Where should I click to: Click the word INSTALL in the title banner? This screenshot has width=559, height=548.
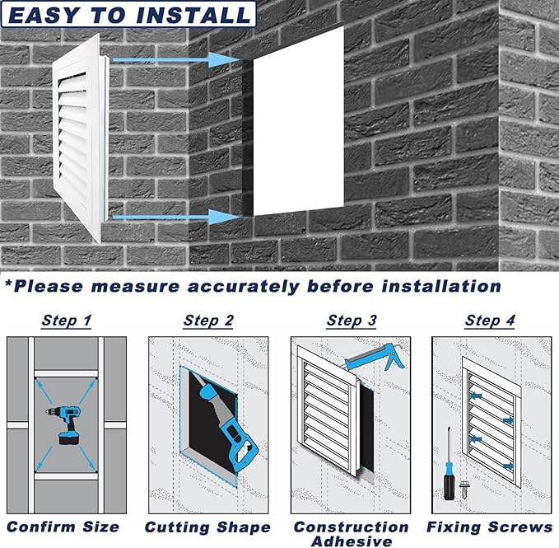point(194,16)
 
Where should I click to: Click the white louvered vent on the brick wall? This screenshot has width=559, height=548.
point(81,138)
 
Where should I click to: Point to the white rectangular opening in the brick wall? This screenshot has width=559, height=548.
point(299,121)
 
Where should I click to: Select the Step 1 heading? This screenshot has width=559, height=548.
point(67,321)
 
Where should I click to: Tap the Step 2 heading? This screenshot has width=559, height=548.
point(208,321)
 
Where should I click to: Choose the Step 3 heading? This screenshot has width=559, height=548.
point(352,321)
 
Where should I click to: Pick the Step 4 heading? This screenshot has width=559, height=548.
point(490,321)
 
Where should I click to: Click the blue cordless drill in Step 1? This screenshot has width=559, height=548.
point(67,424)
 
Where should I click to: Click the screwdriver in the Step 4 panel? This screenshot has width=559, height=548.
point(449,464)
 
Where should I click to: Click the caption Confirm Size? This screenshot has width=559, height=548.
point(63,527)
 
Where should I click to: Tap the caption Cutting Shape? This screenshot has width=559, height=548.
point(207,527)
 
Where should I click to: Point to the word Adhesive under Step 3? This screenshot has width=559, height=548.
point(352,541)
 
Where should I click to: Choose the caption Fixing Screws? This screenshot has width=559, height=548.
point(490,527)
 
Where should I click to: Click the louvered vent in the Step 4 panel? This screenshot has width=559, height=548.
point(492,422)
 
